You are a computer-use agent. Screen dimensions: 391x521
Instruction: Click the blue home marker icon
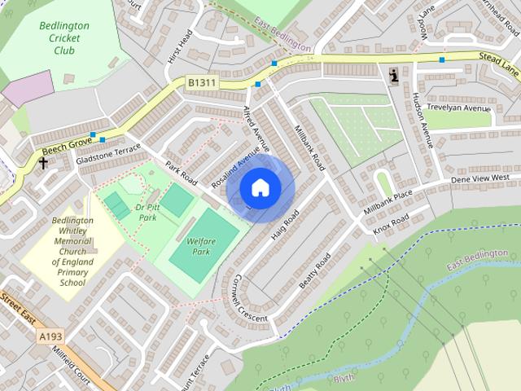260,187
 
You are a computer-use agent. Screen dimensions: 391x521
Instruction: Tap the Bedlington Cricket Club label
64,37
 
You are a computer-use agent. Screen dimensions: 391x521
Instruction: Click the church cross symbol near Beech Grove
42,162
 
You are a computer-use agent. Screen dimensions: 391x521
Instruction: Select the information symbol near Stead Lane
395,77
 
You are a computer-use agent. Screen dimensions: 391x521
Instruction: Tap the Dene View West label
479,178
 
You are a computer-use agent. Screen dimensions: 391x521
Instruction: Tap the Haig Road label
286,223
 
